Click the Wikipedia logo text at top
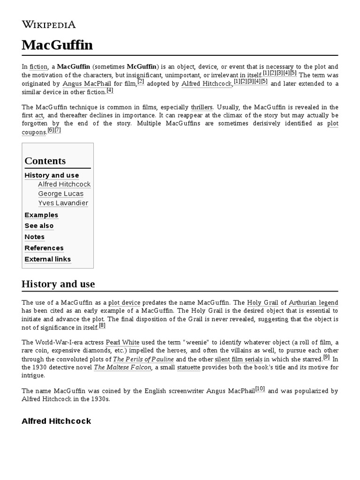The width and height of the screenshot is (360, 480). (x=49, y=25)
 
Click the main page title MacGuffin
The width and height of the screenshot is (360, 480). (x=57, y=45)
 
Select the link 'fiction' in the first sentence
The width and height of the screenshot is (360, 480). (x=38, y=67)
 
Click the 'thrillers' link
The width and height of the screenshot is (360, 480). (x=202, y=107)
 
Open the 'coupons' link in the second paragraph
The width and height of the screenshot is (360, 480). (x=34, y=132)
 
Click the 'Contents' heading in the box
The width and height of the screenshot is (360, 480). (x=45, y=161)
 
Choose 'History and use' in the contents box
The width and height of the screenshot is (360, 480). (x=52, y=175)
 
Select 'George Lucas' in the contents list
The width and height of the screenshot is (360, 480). (x=60, y=194)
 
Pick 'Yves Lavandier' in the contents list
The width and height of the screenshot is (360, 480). (x=63, y=203)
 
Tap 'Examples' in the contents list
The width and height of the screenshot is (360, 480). (x=41, y=215)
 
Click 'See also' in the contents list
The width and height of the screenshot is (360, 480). (x=39, y=226)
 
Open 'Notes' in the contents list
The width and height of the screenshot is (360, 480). (x=34, y=237)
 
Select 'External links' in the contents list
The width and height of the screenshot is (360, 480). (x=47, y=259)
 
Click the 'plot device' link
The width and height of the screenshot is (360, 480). (x=127, y=303)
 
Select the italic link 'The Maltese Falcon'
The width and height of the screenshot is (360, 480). (x=122, y=367)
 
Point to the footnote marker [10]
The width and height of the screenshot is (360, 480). (x=260, y=389)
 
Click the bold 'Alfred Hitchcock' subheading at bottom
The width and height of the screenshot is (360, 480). (x=56, y=421)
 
